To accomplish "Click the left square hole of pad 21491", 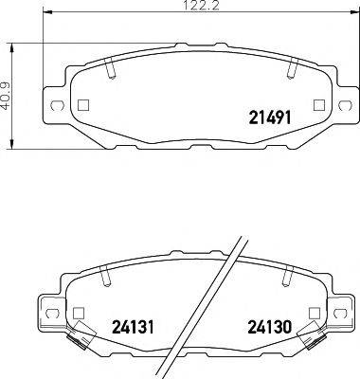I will pyautogui.click(x=82, y=105).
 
